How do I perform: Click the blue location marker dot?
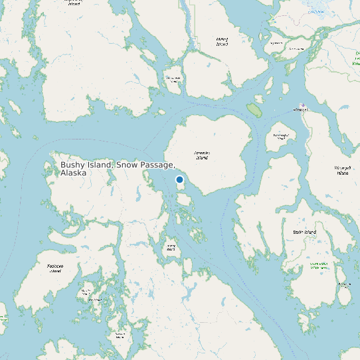[179, 179]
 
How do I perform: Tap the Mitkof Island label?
[222, 41]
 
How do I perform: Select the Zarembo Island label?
[202, 155]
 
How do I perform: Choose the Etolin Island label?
[304, 232]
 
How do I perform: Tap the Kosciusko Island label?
[55, 268]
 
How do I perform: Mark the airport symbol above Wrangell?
[303, 104]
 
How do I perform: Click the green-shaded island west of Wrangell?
[254, 108]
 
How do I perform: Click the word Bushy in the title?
[73, 165]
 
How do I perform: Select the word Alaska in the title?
[73, 173]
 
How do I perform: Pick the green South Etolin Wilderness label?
[319, 266]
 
